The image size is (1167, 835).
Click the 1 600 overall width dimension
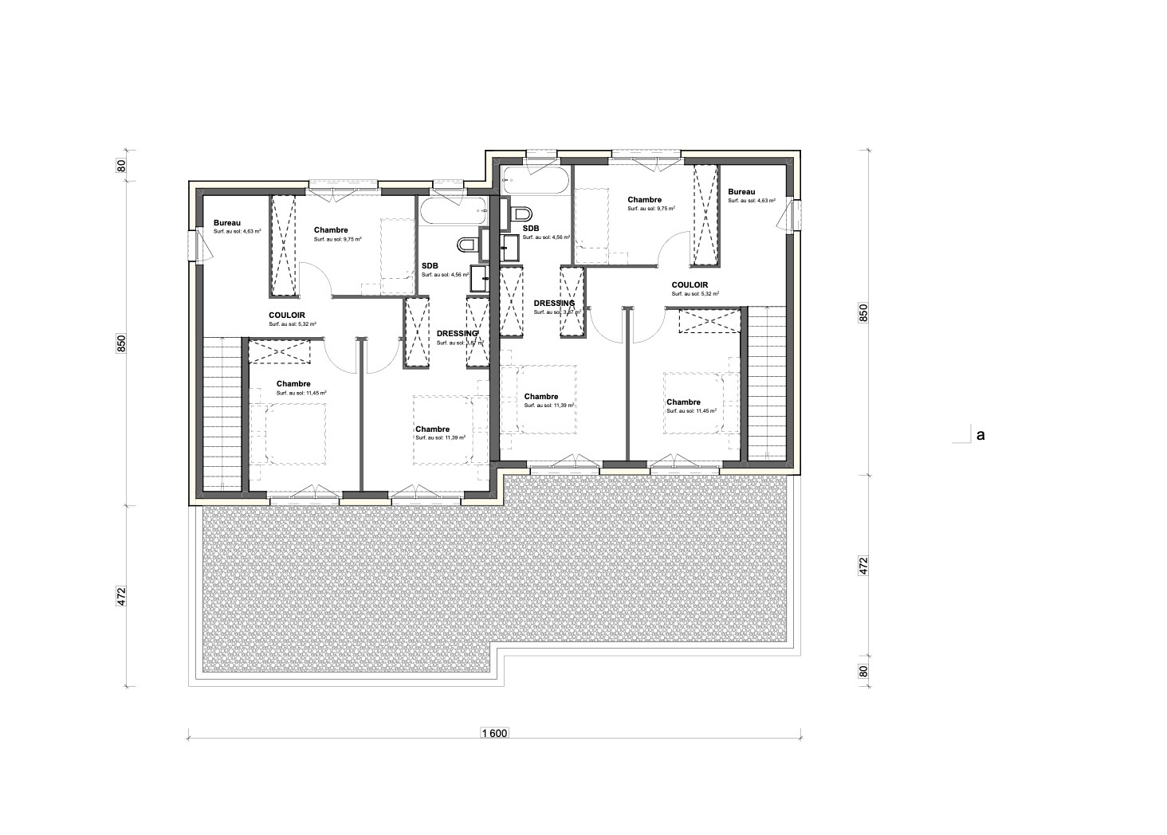click(x=494, y=733)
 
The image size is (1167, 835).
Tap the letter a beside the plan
click(x=980, y=435)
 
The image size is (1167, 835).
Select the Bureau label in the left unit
click(x=226, y=223)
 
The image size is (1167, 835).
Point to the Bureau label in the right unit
click(x=741, y=192)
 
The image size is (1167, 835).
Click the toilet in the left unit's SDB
click(x=467, y=243)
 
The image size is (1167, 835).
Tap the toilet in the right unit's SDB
click(x=523, y=214)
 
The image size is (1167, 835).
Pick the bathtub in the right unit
click(x=538, y=182)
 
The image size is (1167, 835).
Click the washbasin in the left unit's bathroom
click(x=481, y=277)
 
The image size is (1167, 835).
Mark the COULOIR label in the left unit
click(x=286, y=316)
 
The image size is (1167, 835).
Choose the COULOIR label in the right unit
click(x=690, y=284)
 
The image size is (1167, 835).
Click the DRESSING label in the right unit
click(x=554, y=304)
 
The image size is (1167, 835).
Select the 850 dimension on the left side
click(x=122, y=343)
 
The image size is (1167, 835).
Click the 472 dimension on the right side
click(x=862, y=566)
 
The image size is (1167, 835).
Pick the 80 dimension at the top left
click(x=122, y=167)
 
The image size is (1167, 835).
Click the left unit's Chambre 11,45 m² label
click(x=293, y=384)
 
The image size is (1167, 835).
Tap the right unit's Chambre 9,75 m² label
click(x=644, y=200)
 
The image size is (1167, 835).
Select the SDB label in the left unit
click(x=430, y=266)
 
